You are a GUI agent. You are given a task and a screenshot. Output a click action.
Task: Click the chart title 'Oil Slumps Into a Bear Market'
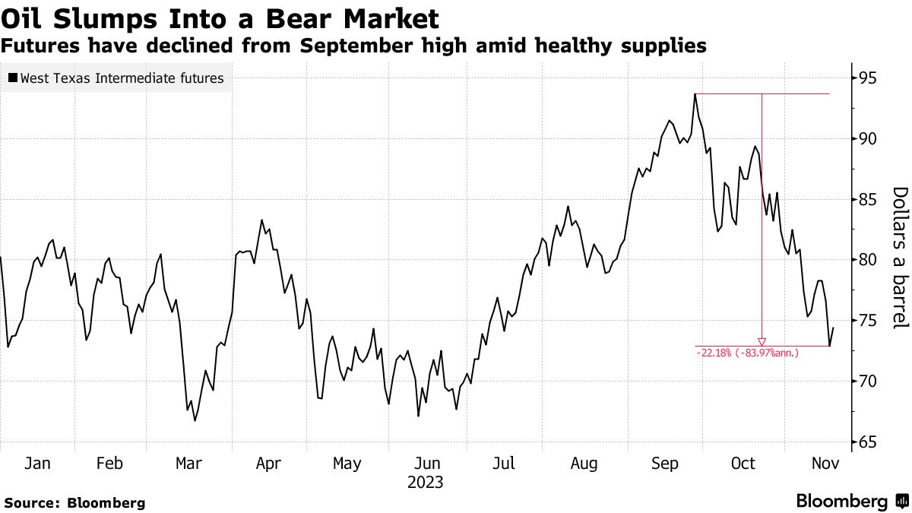(x=221, y=17)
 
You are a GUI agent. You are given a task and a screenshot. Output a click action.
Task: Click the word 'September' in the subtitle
(x=357, y=46)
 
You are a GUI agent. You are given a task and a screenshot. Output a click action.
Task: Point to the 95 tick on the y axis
(x=868, y=78)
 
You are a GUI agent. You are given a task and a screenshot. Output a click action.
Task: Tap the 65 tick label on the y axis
(x=868, y=442)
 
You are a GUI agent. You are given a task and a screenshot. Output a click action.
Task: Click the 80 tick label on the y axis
(x=868, y=260)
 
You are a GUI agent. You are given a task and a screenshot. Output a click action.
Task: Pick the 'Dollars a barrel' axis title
(x=899, y=258)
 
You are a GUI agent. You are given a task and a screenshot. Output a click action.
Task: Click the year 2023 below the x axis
(x=426, y=483)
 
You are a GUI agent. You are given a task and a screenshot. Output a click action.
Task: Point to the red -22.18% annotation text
(x=747, y=353)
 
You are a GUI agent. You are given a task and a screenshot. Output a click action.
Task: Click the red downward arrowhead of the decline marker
(x=762, y=342)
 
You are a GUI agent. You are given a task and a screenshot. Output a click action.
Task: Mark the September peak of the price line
(x=695, y=94)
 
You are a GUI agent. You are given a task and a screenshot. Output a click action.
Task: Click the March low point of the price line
(x=195, y=420)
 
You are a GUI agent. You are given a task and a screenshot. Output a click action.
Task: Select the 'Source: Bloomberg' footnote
(x=74, y=502)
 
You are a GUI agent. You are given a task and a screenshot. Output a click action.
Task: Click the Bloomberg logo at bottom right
(x=851, y=502)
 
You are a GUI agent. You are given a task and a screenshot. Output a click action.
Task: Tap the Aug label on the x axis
(x=584, y=464)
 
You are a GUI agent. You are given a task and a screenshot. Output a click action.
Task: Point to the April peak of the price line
(x=261, y=220)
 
